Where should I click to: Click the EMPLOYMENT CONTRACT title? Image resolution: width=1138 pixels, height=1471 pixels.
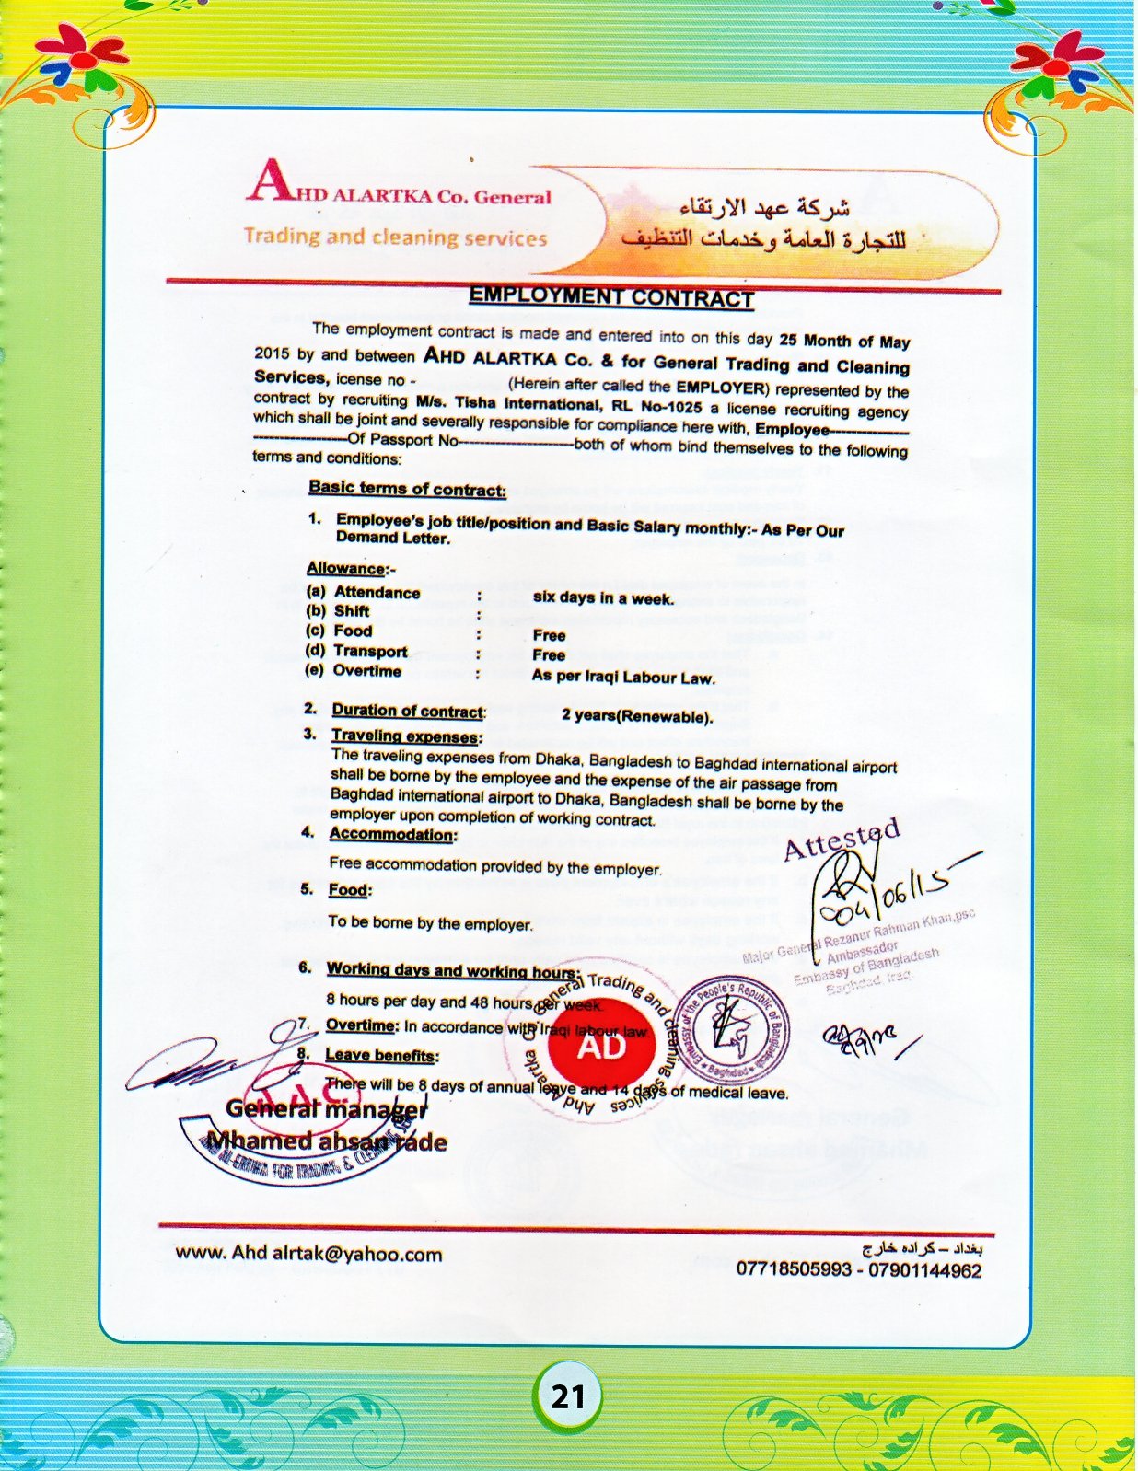coord(611,296)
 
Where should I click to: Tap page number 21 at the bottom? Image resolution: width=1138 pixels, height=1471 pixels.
coord(567,1396)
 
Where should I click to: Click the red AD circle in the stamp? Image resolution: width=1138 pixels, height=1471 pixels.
coord(600,1047)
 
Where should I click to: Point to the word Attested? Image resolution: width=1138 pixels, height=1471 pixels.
coord(841,838)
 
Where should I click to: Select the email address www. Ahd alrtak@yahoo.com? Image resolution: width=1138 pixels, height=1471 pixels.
coord(308,1253)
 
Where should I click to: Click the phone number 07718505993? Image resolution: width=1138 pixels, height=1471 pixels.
coord(793,1269)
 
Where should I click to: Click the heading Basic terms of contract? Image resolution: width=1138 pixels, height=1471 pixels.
coord(407,488)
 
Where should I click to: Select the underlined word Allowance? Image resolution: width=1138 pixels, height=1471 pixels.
coord(346,568)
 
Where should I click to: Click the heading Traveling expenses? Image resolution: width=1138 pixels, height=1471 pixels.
coord(405,735)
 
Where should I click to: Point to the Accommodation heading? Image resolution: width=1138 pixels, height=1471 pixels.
coord(392,834)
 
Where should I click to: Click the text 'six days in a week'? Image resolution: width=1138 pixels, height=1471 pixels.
coord(603,597)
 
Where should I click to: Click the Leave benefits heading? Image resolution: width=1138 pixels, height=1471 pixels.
coord(381,1055)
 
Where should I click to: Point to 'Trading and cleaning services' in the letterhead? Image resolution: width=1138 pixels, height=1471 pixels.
coord(395,237)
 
